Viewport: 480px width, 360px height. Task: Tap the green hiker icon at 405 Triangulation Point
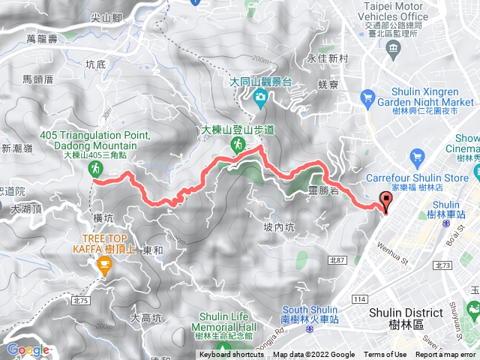tap(96, 170)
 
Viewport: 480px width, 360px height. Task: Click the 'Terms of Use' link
tap(386, 355)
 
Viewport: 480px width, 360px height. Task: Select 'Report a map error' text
tap(447, 355)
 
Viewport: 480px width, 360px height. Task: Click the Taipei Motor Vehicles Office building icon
tap(394, 49)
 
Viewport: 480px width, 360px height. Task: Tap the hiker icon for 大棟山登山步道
tap(237, 143)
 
